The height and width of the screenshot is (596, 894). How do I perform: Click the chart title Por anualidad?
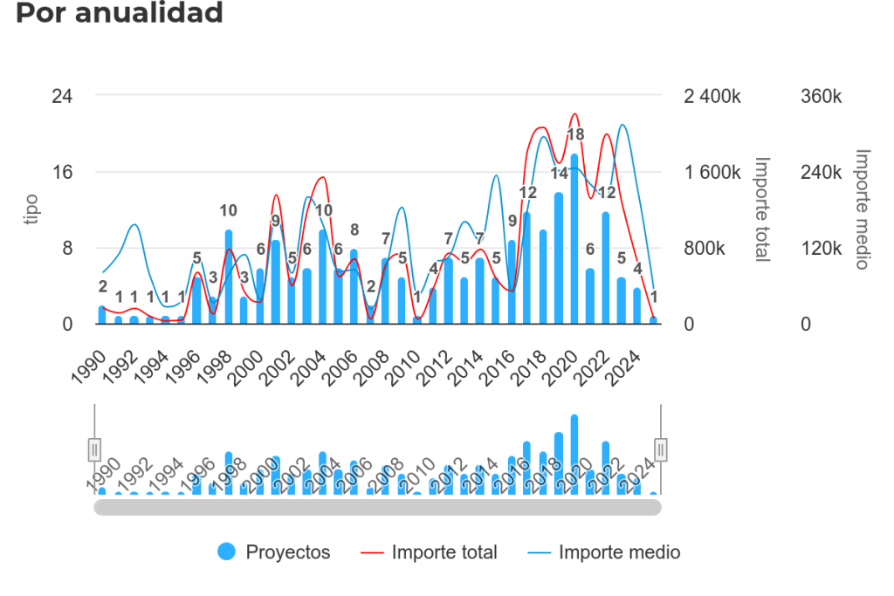coord(120,13)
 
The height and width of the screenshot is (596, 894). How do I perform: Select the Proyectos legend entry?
coord(274,551)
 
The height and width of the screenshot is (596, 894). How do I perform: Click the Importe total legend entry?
coord(432,551)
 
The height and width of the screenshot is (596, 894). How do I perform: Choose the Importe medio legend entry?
coord(604,551)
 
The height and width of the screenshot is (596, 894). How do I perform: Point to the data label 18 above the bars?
coord(575,135)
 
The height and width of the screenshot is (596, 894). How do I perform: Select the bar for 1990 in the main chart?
coord(102,315)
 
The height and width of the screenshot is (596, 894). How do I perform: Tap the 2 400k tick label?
coord(712,96)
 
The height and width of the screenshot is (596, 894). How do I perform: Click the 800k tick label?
coord(704,248)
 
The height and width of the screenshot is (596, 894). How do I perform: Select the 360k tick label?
coord(822,96)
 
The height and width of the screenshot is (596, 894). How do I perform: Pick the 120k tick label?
coord(822,248)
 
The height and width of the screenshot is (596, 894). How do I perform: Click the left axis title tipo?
coord(32,209)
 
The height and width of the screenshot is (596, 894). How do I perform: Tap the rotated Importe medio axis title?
coord(862,209)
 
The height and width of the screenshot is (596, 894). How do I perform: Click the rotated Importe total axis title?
coord(762,209)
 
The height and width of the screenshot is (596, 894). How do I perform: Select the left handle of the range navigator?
coord(95,449)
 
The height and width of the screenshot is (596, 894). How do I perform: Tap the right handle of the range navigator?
coord(661,449)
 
